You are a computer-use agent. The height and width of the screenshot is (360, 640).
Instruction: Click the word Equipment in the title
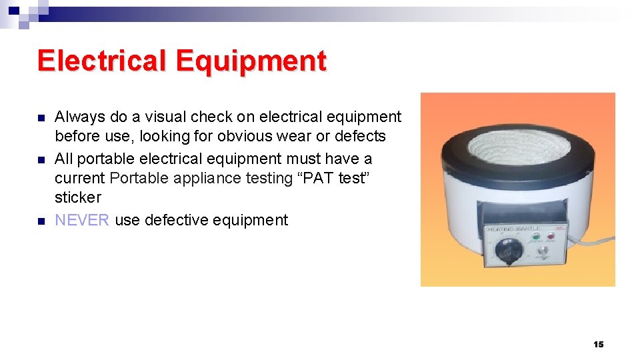(251, 61)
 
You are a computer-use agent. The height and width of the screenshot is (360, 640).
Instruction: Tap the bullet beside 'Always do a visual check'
(41, 118)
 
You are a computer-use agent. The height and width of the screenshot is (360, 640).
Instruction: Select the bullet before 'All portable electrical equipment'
(41, 160)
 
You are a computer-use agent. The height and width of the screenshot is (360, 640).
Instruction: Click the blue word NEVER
(82, 220)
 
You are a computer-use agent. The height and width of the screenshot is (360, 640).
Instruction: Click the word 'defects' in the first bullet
(361, 136)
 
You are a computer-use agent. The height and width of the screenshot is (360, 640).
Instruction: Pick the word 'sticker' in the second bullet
(78, 197)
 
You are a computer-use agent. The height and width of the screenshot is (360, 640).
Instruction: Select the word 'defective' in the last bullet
(171, 220)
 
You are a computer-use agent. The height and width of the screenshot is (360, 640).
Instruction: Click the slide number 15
(598, 344)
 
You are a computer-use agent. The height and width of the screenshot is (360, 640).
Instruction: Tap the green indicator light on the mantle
(533, 237)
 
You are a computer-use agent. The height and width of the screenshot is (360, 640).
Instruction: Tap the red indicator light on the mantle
(551, 237)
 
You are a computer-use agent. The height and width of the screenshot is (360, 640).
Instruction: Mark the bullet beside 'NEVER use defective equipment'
(41, 221)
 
